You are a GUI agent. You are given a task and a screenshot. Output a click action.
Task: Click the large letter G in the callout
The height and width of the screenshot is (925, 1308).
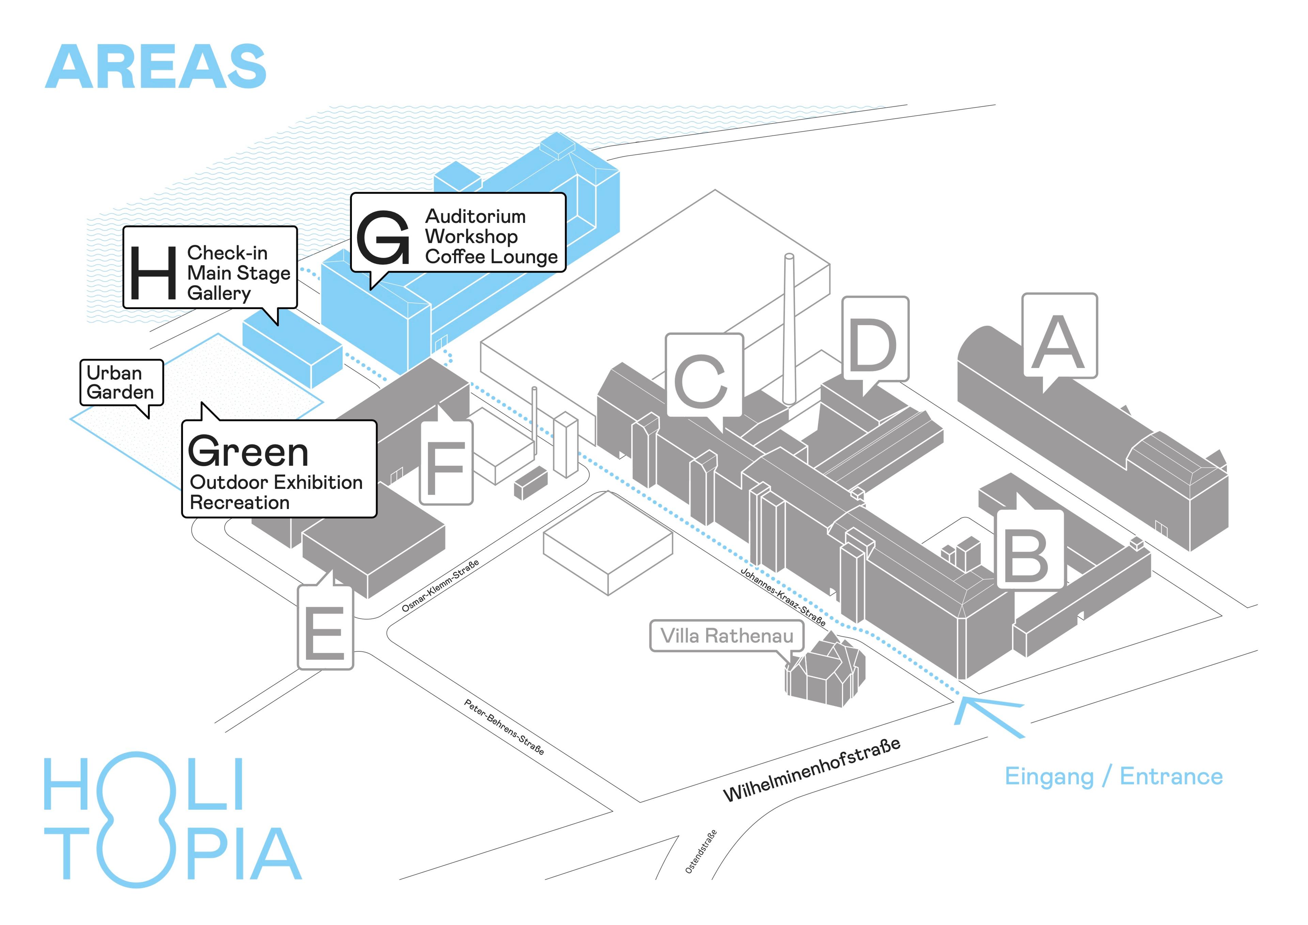coord(383,238)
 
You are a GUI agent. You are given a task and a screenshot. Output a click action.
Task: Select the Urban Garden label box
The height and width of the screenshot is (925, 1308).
coord(121,382)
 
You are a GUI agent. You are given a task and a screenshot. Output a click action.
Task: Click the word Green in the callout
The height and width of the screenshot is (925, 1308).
coord(248,451)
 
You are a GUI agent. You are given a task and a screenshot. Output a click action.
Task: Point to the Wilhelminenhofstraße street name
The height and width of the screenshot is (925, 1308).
coord(811,769)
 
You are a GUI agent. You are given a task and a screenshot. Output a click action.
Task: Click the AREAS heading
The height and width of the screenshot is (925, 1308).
coord(156,67)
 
